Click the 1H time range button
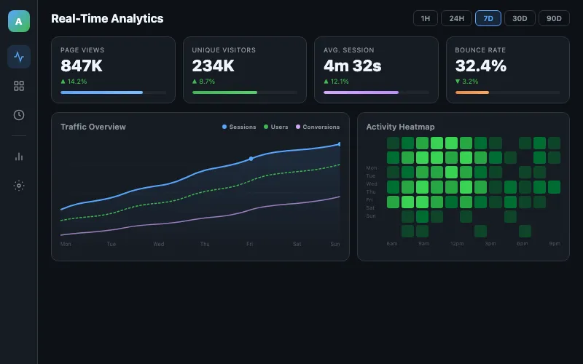point(425,18)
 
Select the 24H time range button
point(456,18)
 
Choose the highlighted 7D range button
point(488,18)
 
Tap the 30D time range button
point(520,18)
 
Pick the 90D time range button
point(554,18)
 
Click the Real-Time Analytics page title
point(107,19)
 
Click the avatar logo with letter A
point(19,22)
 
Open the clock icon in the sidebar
point(19,115)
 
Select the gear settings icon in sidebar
point(19,185)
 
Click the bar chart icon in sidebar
point(19,156)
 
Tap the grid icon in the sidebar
point(19,86)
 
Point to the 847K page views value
point(82,66)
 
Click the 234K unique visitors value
point(213,66)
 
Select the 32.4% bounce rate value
point(480,66)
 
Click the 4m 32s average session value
point(353,66)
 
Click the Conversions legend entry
point(318,127)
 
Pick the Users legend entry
point(276,127)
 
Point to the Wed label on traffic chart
point(158,244)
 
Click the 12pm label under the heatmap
point(457,243)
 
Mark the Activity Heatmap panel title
point(400,127)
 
